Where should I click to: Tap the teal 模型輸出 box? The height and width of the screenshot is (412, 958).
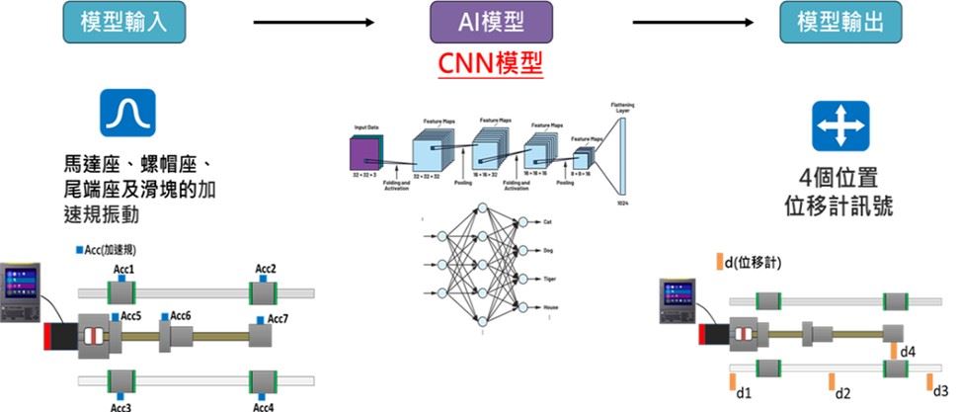click(840, 21)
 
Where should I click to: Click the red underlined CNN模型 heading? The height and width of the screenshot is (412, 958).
click(490, 65)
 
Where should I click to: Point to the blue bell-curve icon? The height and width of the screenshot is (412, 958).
click(126, 113)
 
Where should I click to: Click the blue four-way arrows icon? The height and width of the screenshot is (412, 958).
click(840, 125)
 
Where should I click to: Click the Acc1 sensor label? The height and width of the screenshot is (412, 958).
click(124, 269)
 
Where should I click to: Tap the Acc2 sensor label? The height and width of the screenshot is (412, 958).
click(266, 269)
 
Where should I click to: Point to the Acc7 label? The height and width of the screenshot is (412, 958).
click(278, 319)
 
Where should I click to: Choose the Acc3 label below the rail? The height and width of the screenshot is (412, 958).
click(122, 405)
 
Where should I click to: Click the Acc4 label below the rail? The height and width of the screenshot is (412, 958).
click(264, 405)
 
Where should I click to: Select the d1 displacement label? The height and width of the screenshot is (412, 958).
click(745, 394)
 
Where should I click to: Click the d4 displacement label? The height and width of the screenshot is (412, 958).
click(909, 351)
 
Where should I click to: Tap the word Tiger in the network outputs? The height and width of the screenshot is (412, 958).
click(551, 280)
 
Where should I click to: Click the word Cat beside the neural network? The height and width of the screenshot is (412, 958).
click(547, 222)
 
